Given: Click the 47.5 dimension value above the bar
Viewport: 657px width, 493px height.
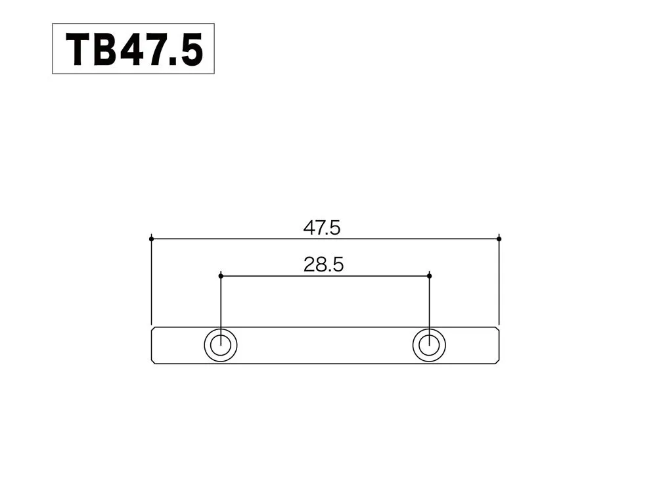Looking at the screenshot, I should [322, 228].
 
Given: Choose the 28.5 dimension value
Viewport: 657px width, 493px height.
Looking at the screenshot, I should [324, 265].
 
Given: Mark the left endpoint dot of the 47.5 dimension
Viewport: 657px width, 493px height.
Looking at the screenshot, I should [152, 238].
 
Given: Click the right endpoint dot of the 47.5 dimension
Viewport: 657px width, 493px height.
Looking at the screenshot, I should [499, 238].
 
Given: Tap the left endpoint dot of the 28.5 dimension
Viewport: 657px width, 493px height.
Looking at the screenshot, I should [221, 275].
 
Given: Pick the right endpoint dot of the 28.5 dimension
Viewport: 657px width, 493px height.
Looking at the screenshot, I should [429, 275].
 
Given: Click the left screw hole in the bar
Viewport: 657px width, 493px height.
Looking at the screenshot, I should [221, 345].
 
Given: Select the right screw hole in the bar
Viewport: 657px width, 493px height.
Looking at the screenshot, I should [429, 345].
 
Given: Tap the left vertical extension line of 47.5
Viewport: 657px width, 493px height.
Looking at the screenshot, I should [152, 283].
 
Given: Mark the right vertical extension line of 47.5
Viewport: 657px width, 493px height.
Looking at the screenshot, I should [499, 283].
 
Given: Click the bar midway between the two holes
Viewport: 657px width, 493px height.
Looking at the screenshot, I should [325, 345].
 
